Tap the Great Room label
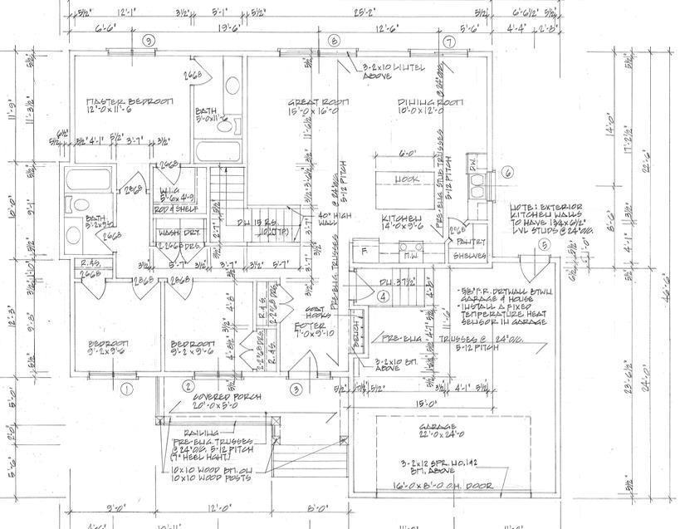click(318, 102)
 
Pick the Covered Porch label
click(214, 398)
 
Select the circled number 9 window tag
click(149, 40)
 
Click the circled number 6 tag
click(509, 172)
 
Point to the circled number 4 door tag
click(384, 295)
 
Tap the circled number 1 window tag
click(126, 388)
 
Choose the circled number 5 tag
click(544, 245)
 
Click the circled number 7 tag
click(448, 42)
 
